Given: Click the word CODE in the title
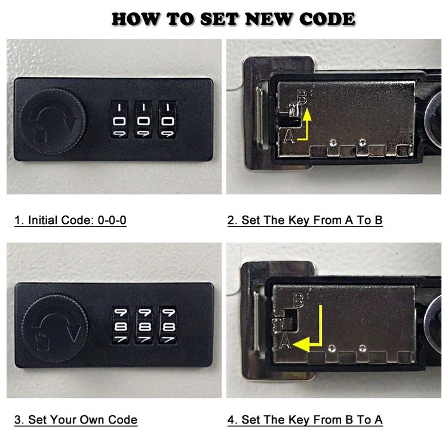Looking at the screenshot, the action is (327, 19).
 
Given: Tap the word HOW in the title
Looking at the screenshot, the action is (134, 19).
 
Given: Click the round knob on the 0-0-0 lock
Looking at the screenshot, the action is (53, 121).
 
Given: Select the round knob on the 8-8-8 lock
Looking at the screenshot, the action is (55, 328).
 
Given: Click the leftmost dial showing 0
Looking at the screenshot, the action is (119, 119).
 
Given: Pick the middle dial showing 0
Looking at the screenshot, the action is (143, 119).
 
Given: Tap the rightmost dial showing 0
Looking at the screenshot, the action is (167, 119).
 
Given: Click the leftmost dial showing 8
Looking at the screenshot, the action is (120, 326).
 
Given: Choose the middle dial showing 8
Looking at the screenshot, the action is (145, 326).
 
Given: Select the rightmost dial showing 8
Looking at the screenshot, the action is (168, 326).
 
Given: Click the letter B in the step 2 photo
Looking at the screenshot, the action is (302, 97).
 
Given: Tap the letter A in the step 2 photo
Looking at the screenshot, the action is (289, 136).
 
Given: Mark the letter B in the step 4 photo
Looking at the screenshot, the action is (299, 300).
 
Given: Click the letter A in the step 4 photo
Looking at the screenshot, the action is (285, 342).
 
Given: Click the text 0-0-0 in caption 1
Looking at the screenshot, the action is (112, 220).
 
